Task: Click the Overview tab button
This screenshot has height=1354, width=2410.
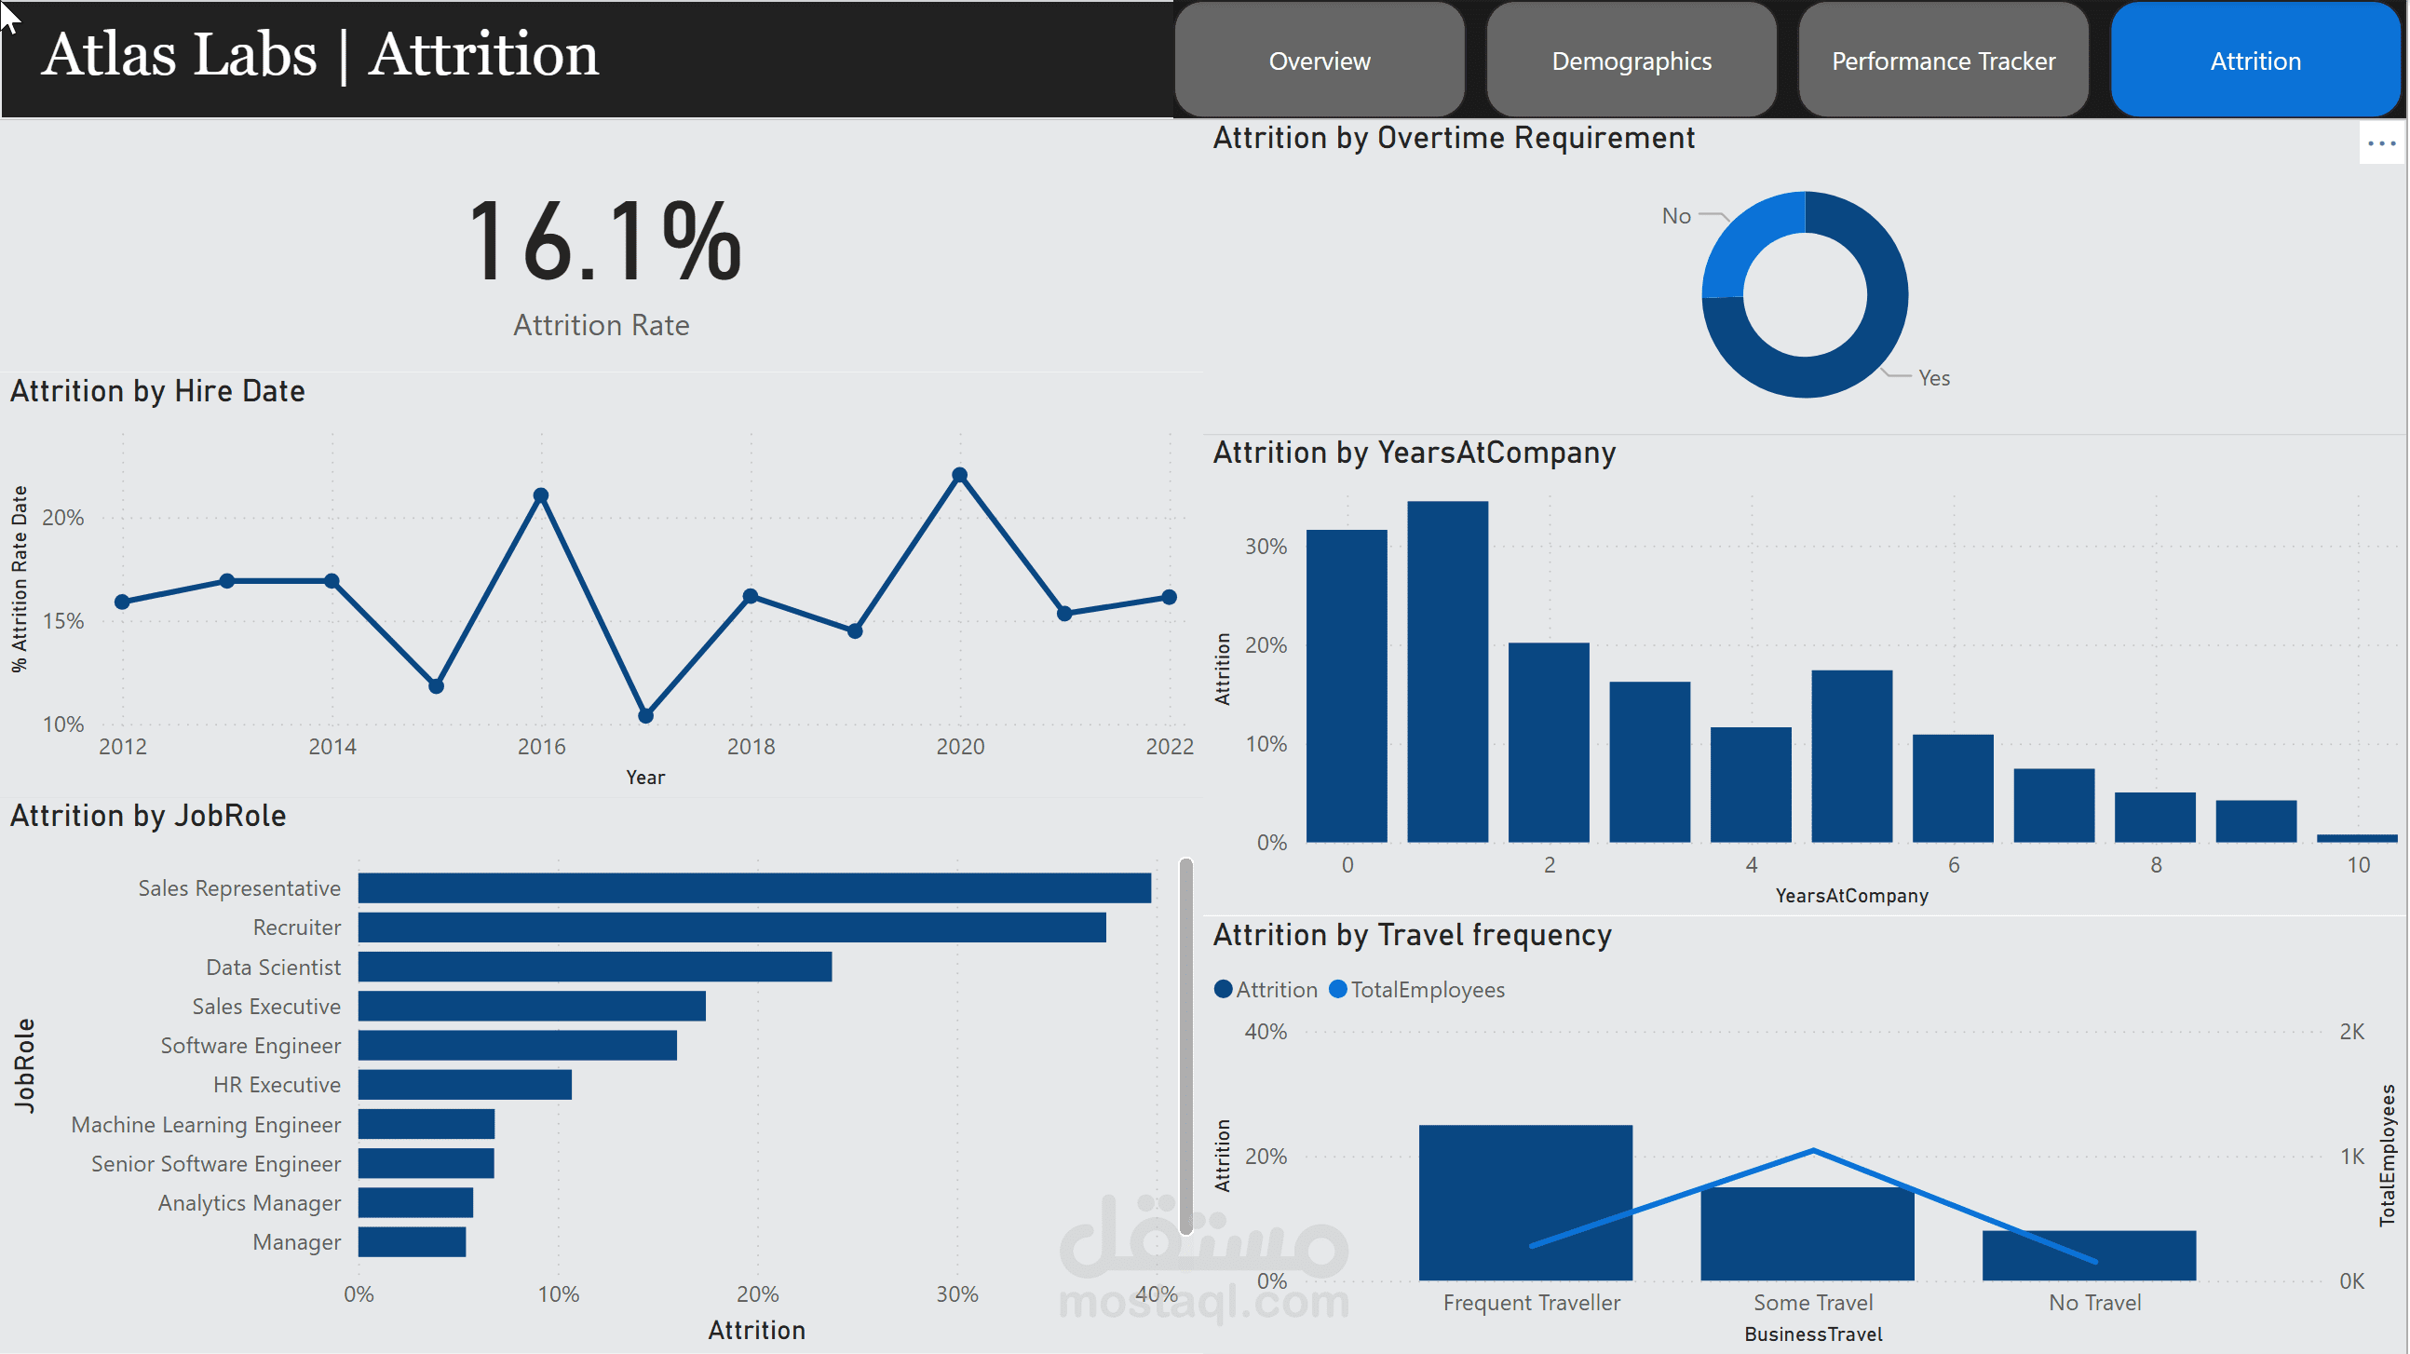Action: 1320,61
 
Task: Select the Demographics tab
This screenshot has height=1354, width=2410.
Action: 1631,61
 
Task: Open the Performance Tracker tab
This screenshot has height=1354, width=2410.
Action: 1943,61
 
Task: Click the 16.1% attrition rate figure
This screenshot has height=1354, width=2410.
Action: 604,241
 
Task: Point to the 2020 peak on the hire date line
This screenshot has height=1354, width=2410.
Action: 960,475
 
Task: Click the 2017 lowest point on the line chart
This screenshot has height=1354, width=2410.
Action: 645,717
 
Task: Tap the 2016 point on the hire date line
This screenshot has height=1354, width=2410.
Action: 541,495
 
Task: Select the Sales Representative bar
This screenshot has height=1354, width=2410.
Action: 754,888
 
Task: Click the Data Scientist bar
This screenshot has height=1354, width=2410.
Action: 595,967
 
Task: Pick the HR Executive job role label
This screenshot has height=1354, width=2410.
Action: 277,1085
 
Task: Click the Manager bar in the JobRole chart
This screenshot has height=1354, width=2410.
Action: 412,1241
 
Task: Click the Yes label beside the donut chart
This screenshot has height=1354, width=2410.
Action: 1934,378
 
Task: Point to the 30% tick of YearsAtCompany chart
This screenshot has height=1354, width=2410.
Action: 1266,547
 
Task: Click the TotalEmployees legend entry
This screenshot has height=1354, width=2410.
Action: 1416,989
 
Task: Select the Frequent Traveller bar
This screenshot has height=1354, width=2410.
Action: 1525,1202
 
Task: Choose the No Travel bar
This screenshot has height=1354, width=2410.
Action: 2088,1255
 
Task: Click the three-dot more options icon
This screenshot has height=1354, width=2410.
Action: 2381,143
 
